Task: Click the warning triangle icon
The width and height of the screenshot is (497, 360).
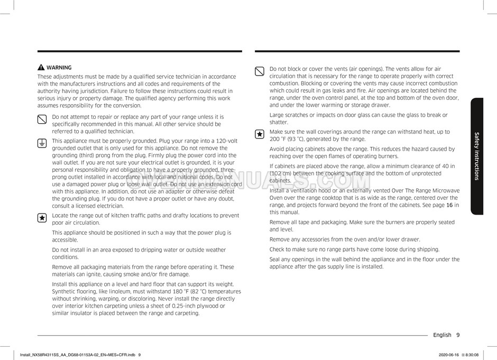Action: [x=41, y=68]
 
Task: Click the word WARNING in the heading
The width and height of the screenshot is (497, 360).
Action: [x=59, y=68]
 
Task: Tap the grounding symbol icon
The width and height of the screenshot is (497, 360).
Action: [x=42, y=143]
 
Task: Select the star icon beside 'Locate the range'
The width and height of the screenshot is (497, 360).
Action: [x=42, y=217]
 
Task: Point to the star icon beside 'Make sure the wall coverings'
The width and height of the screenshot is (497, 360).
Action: [x=260, y=134]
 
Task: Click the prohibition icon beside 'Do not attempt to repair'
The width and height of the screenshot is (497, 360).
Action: [x=42, y=118]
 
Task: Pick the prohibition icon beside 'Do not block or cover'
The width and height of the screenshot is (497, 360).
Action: [x=260, y=71]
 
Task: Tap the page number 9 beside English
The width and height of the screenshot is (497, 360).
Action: [x=458, y=335]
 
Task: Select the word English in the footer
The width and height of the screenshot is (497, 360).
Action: [x=442, y=335]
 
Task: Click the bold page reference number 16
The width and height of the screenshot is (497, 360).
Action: [x=449, y=205]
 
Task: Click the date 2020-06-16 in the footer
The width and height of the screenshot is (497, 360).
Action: [x=450, y=355]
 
